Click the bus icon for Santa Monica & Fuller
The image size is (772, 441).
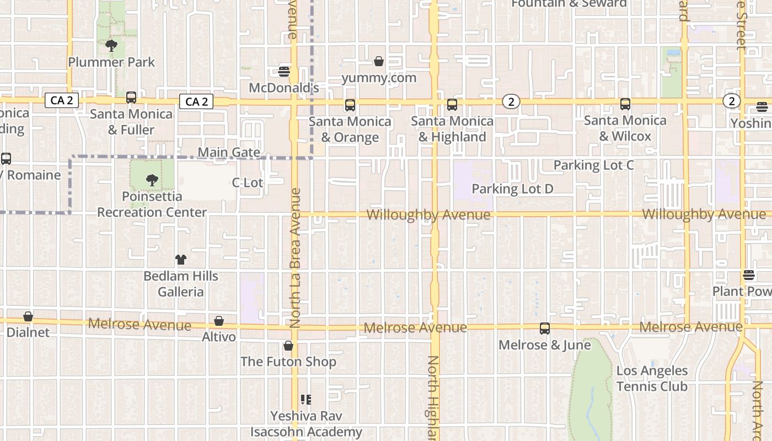(131, 98)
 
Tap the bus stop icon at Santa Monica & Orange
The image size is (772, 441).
(350, 105)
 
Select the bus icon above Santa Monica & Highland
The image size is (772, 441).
(452, 105)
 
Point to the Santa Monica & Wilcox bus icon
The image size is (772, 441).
(625, 104)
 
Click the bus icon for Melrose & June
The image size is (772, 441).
(545, 329)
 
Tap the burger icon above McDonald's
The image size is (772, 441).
(285, 72)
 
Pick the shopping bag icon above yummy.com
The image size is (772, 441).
(379, 61)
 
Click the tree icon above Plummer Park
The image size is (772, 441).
(111, 46)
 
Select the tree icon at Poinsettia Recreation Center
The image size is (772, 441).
(152, 180)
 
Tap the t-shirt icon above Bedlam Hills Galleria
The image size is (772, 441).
(181, 260)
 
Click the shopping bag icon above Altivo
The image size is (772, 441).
(219, 321)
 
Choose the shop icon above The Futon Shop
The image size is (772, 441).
(288, 346)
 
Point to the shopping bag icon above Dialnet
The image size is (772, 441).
(28, 316)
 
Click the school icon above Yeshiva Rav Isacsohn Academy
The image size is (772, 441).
(306, 399)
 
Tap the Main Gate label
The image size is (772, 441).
(229, 152)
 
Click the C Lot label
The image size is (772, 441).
(248, 182)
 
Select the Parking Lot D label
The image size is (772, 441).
(512, 189)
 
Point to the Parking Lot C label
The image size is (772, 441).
(593, 165)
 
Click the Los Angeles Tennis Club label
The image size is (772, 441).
(652, 378)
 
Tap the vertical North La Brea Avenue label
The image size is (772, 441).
(295, 257)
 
